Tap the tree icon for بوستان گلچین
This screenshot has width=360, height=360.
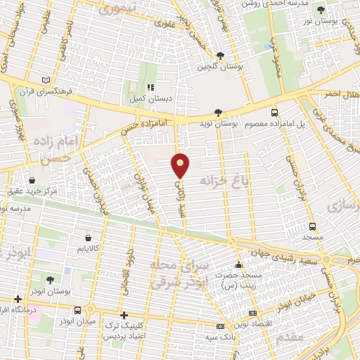coord(221,56)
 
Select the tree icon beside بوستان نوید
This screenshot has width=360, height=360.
coord(219,112)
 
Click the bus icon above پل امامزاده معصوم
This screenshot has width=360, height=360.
coord(275,112)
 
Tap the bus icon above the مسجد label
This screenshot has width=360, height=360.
coord(313,226)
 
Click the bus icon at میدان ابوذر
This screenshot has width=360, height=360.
coord(90,309)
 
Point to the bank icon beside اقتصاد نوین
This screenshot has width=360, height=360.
coord(253,314)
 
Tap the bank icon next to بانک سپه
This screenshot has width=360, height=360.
coord(221,326)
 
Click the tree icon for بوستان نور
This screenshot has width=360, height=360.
coord(321,10)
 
